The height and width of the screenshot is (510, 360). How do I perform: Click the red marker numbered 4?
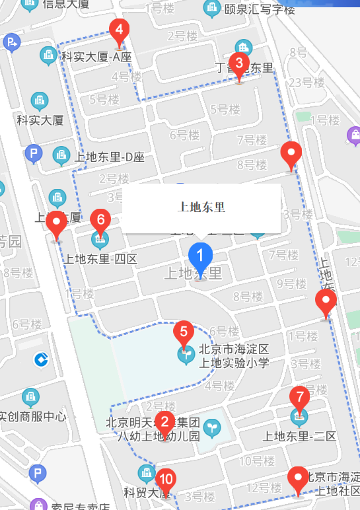[119, 31]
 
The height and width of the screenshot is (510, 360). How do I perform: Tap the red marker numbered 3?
[239, 65]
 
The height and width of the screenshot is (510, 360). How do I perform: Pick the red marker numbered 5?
[184, 332]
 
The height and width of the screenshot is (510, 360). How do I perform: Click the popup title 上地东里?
[201, 207]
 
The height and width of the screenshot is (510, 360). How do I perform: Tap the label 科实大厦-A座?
[96, 57]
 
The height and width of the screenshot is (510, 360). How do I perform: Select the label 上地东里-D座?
[110, 157]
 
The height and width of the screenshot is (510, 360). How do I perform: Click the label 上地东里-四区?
[101, 259]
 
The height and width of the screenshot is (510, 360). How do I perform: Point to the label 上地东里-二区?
[300, 436]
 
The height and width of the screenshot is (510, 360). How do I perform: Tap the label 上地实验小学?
[234, 362]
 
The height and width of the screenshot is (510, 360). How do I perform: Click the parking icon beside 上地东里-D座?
[33, 155]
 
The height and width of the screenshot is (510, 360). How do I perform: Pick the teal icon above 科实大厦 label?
[40, 101]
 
